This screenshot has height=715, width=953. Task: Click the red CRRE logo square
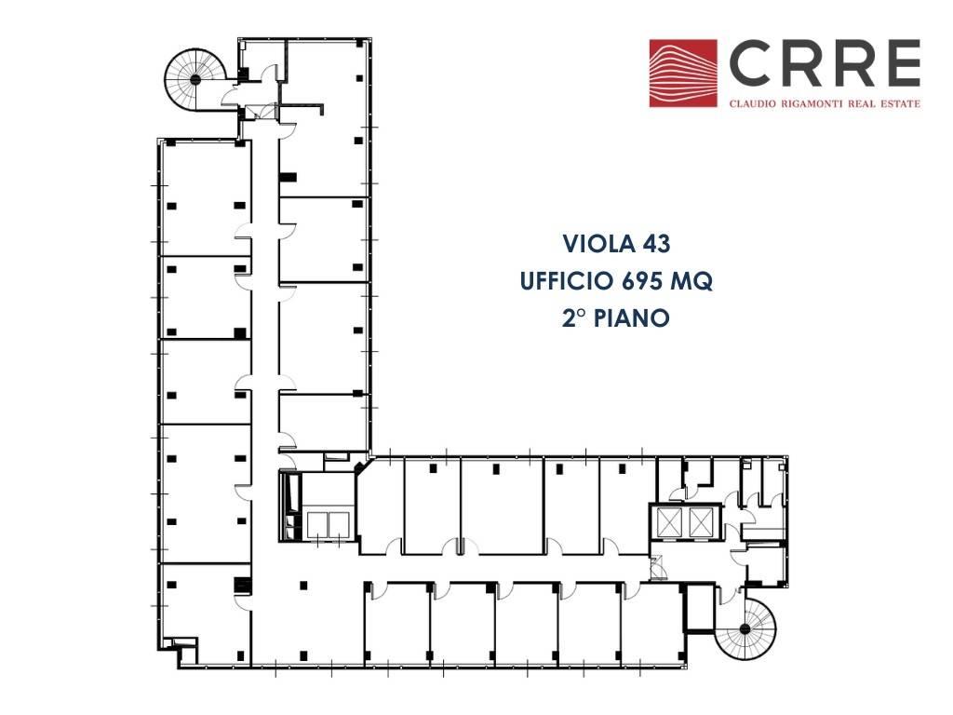tap(682, 74)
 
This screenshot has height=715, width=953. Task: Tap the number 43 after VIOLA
tap(656, 244)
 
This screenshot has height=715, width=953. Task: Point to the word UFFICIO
tap(567, 281)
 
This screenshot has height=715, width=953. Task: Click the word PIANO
tap(632, 318)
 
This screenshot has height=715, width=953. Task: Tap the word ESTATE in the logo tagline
tap(899, 104)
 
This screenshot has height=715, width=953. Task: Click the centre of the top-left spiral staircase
tap(195, 80)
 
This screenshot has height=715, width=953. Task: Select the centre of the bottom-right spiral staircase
tap(745, 629)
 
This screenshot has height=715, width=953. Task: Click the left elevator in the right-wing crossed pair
tap(670, 521)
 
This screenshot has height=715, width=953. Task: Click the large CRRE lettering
tap(825, 64)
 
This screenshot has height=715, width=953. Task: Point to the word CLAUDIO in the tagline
tap(752, 104)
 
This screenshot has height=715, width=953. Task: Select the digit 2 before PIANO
tap(569, 318)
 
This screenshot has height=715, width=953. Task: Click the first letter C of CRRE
tap(750, 64)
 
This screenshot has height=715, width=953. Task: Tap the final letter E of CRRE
tap(901, 64)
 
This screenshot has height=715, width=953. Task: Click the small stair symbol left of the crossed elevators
tap(658, 567)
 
